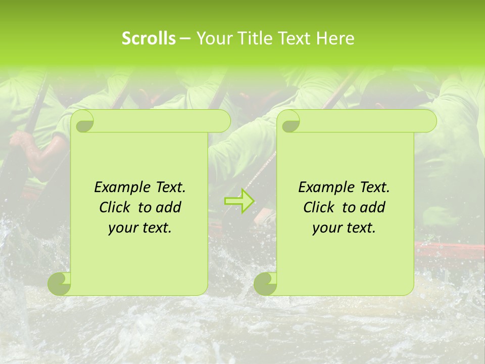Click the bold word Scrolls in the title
[x=149, y=38]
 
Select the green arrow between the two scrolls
[x=239, y=201]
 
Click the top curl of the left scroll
[x=83, y=121]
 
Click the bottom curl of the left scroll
[x=60, y=283]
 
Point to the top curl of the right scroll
[x=289, y=121]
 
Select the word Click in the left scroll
[x=114, y=207]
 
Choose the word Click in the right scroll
[x=318, y=207]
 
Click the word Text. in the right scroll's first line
[x=374, y=188]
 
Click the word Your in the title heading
[x=212, y=38]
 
